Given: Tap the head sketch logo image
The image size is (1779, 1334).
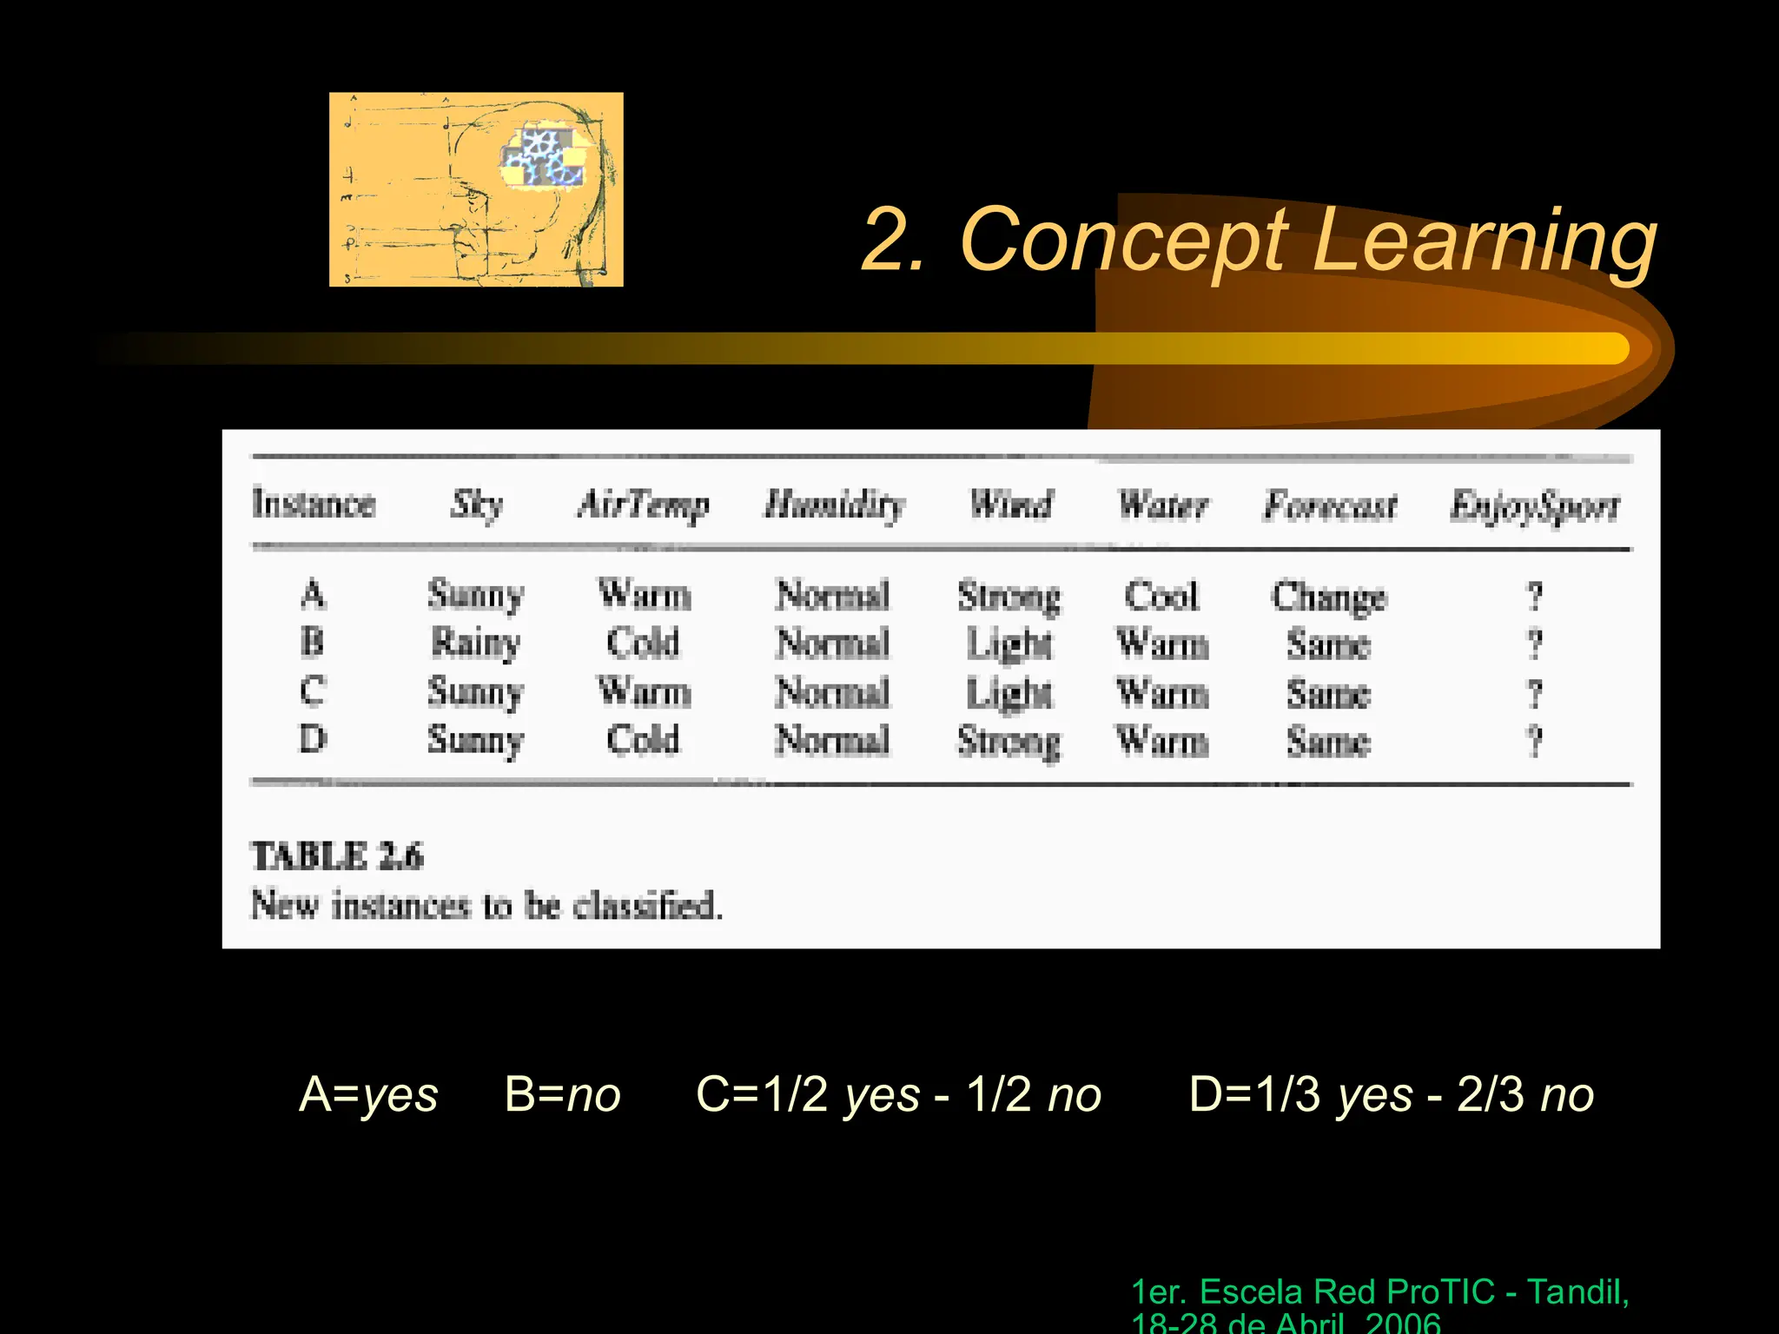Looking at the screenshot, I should point(476,189).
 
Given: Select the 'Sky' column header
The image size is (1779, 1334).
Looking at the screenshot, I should point(476,504).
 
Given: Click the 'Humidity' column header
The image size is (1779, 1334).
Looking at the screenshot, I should point(834,504).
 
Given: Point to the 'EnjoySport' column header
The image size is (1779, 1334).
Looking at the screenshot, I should point(1534,505).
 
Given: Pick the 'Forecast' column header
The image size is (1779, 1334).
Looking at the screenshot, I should point(1330,505).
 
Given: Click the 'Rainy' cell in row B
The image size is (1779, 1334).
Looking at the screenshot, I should point(475,644).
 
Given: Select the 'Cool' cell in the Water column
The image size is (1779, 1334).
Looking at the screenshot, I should point(1161,596).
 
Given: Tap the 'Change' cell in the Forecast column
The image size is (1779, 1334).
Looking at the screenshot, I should point(1329,598).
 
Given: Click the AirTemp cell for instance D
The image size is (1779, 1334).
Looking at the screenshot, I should point(643,740).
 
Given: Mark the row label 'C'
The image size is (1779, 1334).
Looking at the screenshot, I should point(313,691).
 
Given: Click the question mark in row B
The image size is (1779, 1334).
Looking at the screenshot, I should point(1535,644).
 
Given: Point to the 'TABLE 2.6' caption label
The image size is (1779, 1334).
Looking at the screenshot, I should point(337,856).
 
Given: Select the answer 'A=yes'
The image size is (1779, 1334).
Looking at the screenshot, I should point(368,1093).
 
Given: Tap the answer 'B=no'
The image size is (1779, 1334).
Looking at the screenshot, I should point(563,1093).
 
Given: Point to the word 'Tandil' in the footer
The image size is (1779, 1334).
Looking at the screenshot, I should point(1577,1292).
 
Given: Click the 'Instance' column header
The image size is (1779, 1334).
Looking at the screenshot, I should point(314,504).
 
